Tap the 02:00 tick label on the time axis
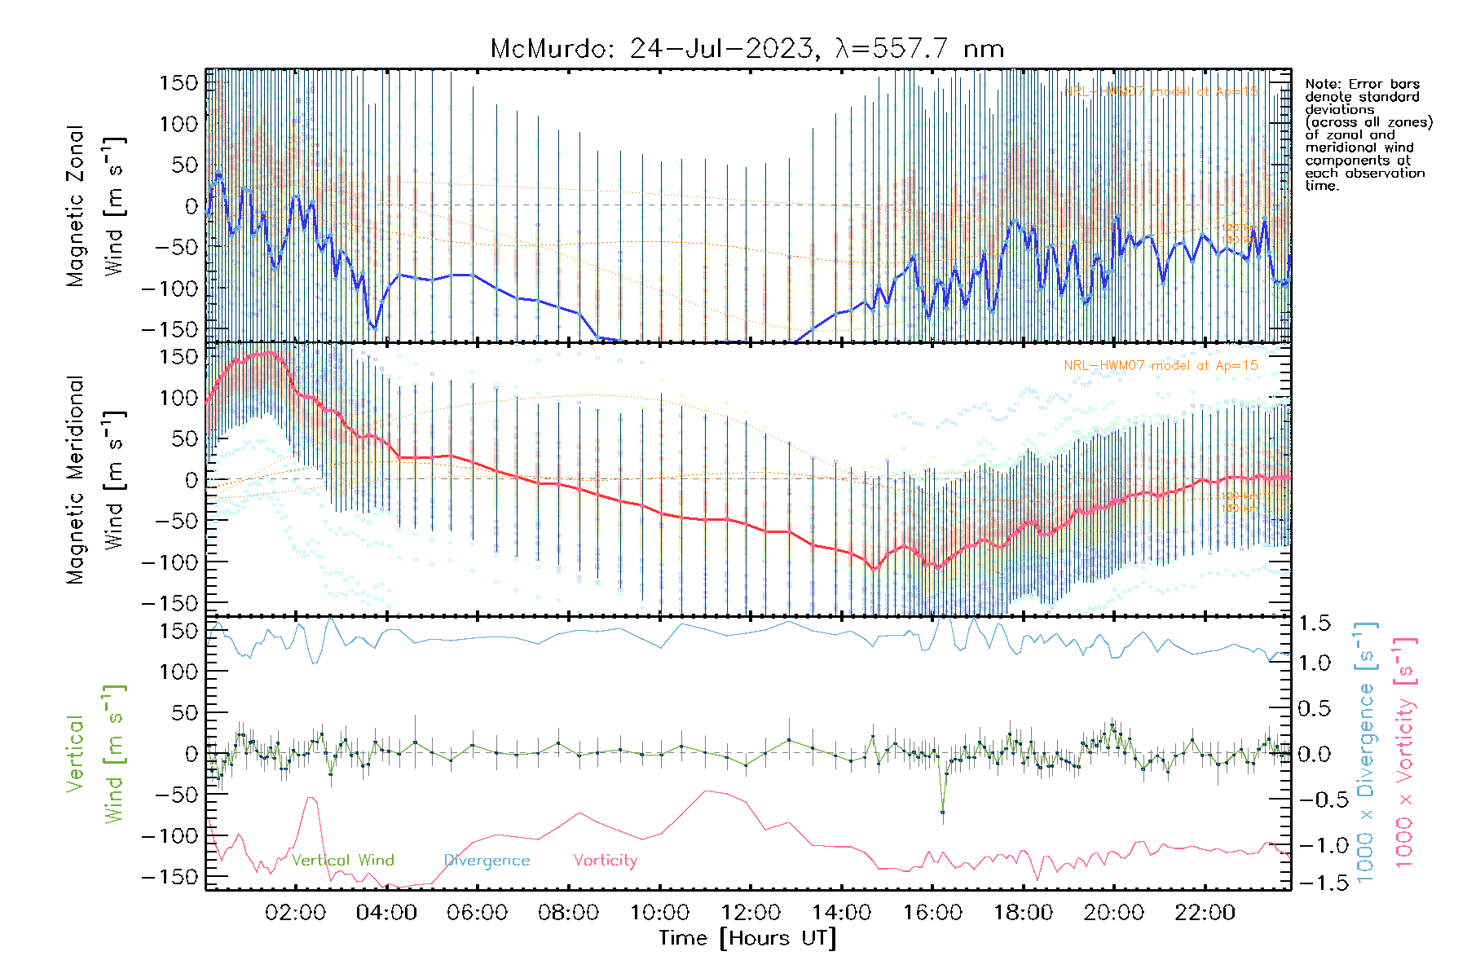[x=295, y=913]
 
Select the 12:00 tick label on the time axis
[x=750, y=913]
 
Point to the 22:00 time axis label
[x=1205, y=913]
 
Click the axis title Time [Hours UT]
[x=747, y=939]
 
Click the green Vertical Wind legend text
[x=342, y=861]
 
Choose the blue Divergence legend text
[x=487, y=861]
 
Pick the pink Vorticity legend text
[x=605, y=861]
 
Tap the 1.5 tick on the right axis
[x=1315, y=623]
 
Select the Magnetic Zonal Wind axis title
[x=96, y=206]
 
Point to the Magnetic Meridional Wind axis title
[x=96, y=481]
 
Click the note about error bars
[x=1368, y=134]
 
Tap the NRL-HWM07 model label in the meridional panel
[x=1161, y=366]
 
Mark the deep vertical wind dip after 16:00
[x=943, y=812]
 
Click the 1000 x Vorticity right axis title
[x=1404, y=751]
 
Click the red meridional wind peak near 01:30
[x=271, y=352]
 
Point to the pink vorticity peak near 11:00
[x=706, y=791]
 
